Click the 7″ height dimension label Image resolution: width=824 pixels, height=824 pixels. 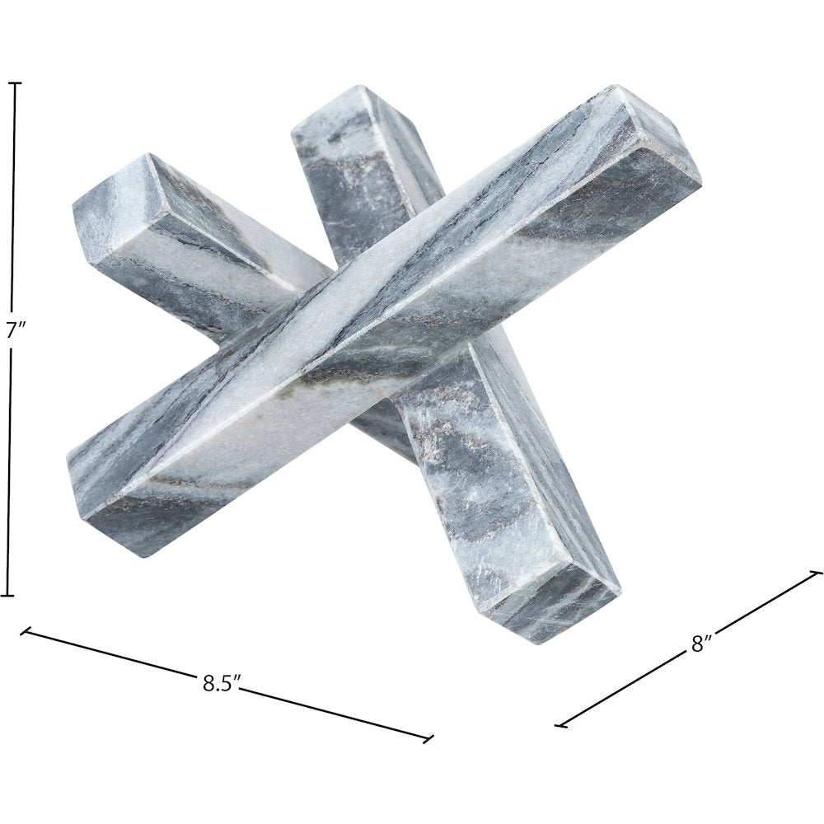tap(12, 331)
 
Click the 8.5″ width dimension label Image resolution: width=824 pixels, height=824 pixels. tap(222, 683)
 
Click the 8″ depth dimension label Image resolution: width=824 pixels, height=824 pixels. tap(701, 644)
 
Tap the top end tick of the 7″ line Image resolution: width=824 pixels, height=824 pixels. tap(14, 83)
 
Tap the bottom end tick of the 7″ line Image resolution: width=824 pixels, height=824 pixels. tap(7, 596)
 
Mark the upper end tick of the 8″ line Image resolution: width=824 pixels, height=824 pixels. tap(817, 572)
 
